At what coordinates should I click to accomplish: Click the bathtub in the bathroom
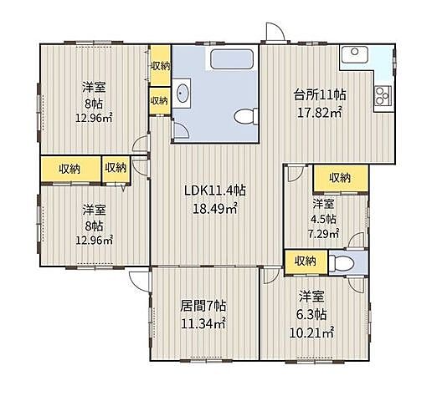pos(232,59)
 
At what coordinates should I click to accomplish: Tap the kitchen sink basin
pos(354,54)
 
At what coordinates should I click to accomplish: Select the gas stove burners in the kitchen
pos(383,95)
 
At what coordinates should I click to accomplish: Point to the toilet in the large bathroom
pos(246,116)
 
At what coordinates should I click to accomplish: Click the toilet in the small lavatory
pos(342,263)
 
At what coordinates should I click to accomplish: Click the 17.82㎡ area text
pos(320,113)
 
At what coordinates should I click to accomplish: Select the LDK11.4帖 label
pos(215,191)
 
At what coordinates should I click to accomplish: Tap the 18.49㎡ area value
pos(215,208)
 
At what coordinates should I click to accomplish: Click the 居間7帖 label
pos(203,307)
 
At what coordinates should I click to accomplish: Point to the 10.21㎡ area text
pos(311,332)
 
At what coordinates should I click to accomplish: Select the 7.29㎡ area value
pos(323,233)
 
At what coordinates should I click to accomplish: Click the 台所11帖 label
pos(320,95)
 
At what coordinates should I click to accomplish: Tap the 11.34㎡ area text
pos(203,323)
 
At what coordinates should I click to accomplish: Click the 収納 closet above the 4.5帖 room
pos(340,178)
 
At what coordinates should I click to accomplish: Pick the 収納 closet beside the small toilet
pos(306,261)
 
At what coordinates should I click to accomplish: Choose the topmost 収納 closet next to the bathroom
pos(161,66)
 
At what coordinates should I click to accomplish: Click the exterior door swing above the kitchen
pos(275,32)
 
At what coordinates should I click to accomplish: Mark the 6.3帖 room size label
pos(311,315)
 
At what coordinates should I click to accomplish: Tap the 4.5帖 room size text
pos(323,219)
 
